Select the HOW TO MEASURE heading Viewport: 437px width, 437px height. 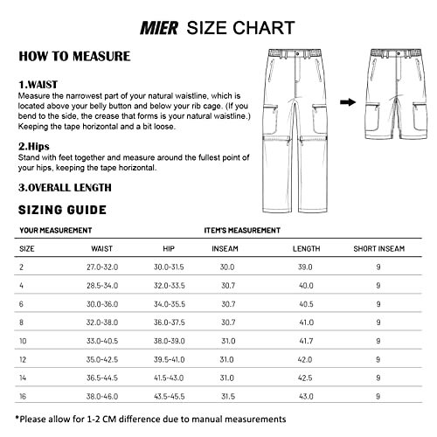pos(74,57)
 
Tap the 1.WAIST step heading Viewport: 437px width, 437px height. pos(39,84)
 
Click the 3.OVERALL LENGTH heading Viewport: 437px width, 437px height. pos(65,187)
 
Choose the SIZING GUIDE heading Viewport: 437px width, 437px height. pos(62,210)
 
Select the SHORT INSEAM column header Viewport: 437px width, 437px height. pos(378,248)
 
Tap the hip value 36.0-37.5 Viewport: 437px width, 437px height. pos(170,322)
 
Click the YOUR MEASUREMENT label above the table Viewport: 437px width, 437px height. pos(55,230)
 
